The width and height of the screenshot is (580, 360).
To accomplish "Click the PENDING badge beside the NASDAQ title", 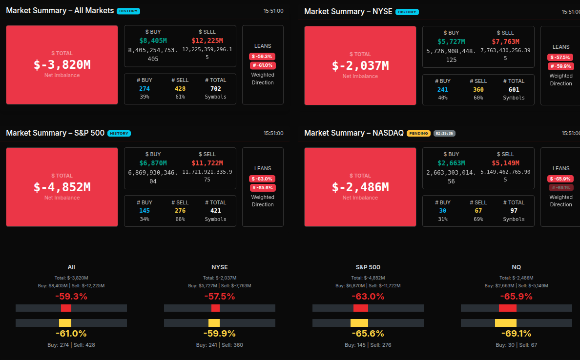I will [418, 133].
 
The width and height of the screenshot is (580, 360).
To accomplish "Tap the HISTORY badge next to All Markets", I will [128, 11].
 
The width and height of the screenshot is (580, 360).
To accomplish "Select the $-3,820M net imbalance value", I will [62, 65].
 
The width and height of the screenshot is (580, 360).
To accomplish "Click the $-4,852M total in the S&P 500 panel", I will [62, 187].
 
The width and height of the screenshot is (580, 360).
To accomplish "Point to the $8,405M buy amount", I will [153, 40].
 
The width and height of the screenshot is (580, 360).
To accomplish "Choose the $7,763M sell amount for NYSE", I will [505, 41].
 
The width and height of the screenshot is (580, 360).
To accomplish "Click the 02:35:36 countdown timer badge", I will [444, 133].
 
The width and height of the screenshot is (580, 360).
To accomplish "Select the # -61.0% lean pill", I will [263, 65].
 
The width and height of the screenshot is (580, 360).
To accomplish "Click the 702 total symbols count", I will [215, 89].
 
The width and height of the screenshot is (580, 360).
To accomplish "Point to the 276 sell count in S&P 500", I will [180, 211].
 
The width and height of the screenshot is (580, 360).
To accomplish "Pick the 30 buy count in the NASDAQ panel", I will [442, 211].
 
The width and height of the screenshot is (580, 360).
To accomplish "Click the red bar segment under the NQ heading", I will [508, 308].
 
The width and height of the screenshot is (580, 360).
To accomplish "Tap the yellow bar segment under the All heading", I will [65, 323].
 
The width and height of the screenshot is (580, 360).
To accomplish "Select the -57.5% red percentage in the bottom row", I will [220, 297].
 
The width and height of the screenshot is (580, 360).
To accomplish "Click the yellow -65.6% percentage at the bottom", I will [368, 334].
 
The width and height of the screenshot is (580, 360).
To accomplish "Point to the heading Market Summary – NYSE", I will [348, 11].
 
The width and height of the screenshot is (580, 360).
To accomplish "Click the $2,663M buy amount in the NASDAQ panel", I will [451, 163].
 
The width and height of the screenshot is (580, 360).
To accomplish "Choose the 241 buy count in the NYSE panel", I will [442, 90].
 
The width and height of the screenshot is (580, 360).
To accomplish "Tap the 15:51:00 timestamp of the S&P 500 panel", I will [273, 133].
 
